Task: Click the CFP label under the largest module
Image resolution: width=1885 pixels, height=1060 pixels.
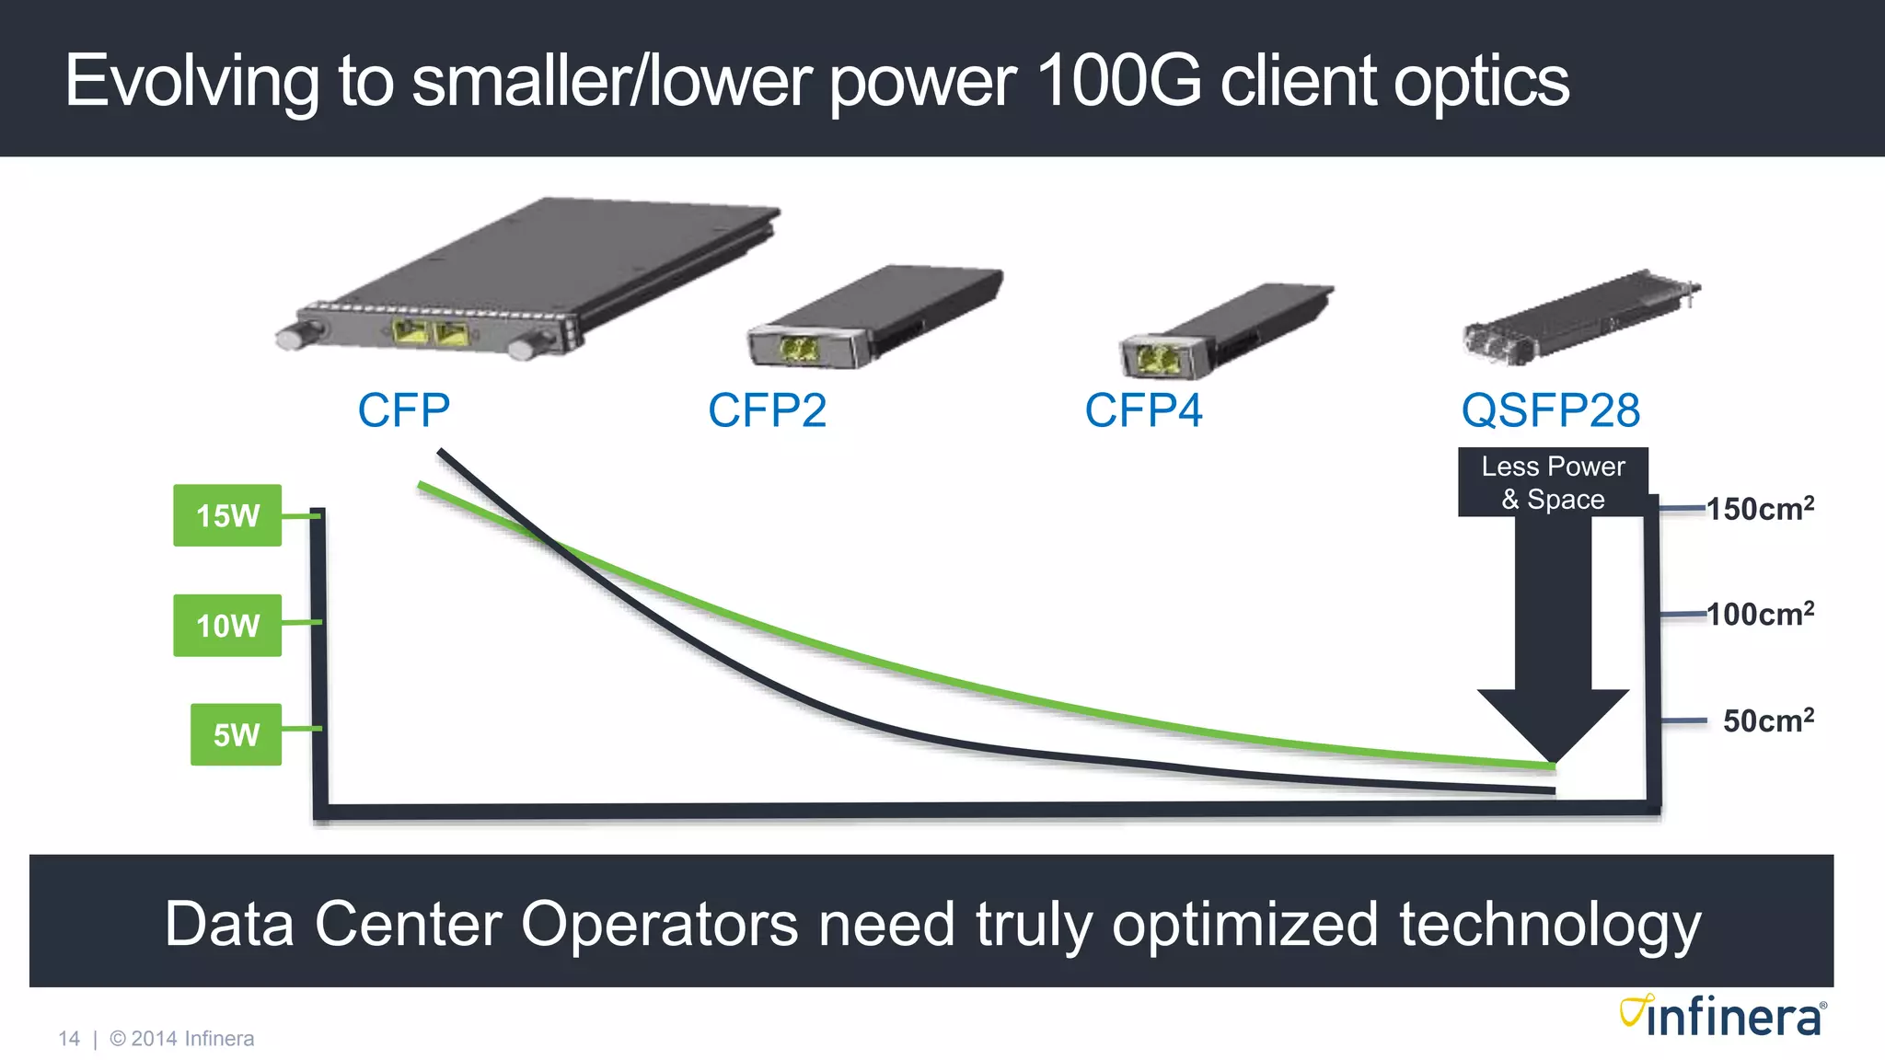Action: point(403,410)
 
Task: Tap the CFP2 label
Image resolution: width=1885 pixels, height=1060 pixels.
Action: point(767,410)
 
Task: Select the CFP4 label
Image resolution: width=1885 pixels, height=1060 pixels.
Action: point(1143,410)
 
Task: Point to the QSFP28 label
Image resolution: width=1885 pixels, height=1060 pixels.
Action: point(1551,410)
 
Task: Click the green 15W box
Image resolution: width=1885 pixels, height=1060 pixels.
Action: point(227,515)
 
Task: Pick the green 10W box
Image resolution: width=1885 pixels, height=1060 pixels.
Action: point(227,626)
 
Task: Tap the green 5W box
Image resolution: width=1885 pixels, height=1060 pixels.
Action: point(236,734)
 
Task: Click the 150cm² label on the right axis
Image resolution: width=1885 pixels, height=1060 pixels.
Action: point(1760,508)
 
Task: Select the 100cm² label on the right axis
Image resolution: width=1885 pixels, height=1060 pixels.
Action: point(1760,614)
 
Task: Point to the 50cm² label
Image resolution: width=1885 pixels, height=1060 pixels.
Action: point(1768,720)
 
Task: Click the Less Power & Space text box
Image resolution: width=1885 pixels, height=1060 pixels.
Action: point(1553,482)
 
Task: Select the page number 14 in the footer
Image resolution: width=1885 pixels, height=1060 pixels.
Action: point(69,1039)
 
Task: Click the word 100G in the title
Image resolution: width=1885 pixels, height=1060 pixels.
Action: point(1117,81)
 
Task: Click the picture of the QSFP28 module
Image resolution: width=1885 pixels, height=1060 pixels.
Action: point(1580,316)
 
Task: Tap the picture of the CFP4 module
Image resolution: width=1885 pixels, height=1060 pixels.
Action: point(1224,331)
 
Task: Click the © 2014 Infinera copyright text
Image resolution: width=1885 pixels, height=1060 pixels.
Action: point(182,1039)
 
